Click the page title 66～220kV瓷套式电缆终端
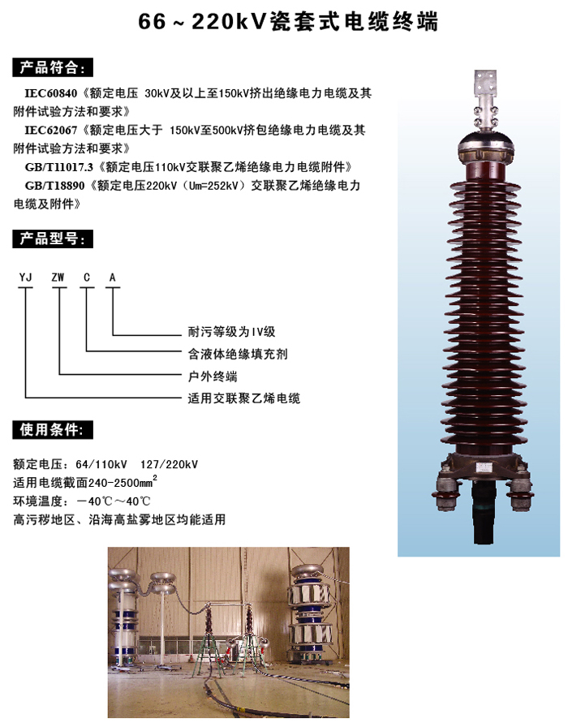click(288, 23)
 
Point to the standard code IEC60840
click(52, 93)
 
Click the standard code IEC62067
click(52, 130)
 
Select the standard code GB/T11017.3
click(59, 167)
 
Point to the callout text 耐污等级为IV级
click(232, 332)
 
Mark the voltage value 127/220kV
click(170, 465)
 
